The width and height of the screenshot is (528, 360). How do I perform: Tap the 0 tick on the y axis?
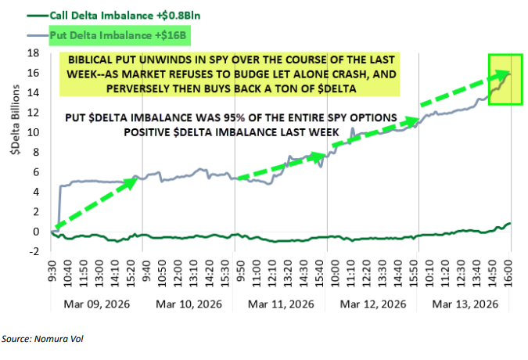[36, 232]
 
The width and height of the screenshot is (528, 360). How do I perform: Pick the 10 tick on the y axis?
[34, 132]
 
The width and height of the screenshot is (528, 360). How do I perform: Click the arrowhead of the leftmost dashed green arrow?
[135, 181]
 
